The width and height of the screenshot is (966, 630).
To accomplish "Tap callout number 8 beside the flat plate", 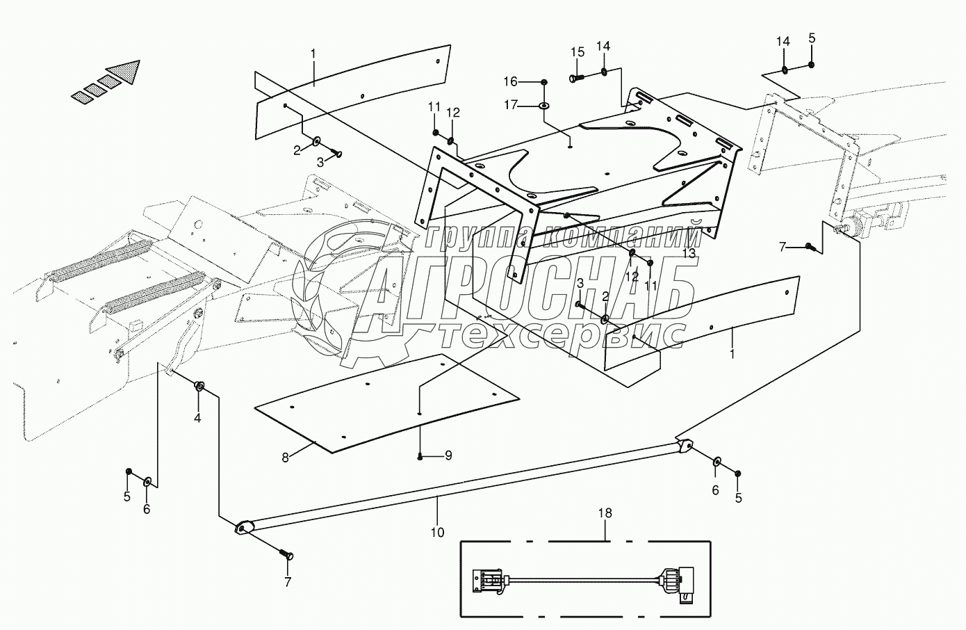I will coord(285,458).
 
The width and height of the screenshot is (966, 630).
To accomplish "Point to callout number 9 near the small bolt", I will coord(448,455).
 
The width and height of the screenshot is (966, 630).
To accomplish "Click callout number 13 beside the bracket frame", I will coord(688,254).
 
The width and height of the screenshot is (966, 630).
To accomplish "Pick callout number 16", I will coord(530,82).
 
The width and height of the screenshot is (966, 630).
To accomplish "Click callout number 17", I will coord(530,105).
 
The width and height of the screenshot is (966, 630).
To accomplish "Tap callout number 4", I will coord(197,418).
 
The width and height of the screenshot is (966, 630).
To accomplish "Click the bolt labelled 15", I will coord(576,78).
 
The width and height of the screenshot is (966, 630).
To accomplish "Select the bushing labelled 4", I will coord(199,386).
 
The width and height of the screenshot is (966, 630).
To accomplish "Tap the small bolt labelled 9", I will coord(421,456).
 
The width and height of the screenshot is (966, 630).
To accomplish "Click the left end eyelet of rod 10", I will coord(242,529).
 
